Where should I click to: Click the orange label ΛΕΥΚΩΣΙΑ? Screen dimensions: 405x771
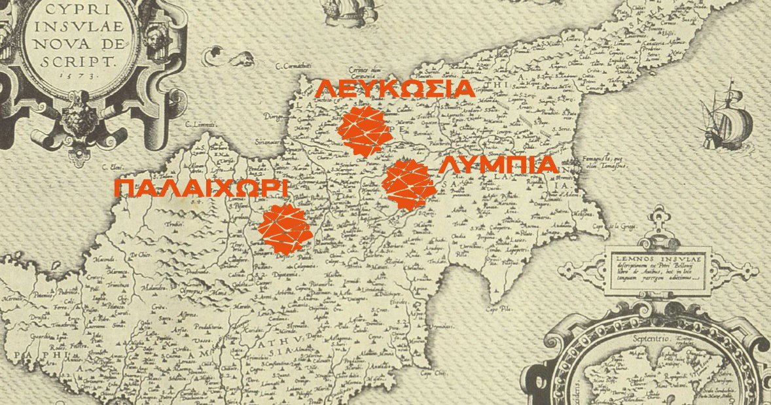[394, 88]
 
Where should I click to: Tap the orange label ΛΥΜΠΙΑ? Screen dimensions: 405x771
[498, 166]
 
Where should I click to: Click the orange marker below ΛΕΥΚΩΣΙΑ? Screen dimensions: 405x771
[364, 130]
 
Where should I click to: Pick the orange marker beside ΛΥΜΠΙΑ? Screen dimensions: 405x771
[410, 185]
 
